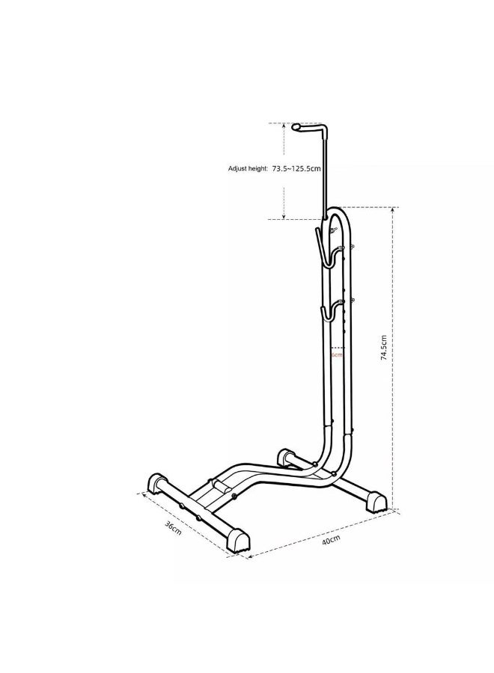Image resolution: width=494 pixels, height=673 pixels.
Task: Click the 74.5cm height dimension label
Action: point(385,348)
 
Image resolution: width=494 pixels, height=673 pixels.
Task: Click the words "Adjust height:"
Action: point(248,170)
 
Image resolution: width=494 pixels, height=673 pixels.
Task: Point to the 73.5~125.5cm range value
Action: point(296,170)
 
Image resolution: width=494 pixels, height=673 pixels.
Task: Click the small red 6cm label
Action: point(337,354)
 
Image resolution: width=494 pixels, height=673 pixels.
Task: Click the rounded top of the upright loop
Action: point(340,211)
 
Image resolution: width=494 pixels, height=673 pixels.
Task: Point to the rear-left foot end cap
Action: point(286,455)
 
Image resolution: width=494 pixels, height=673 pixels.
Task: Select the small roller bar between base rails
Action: point(222,487)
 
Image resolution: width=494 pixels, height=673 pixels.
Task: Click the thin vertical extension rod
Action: point(326,172)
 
